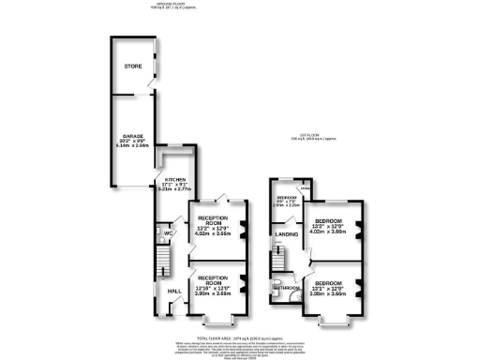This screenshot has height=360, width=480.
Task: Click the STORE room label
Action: click(x=132, y=67)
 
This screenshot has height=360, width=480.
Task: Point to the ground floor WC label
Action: click(x=170, y=233)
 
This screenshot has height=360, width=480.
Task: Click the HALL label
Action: click(x=173, y=291)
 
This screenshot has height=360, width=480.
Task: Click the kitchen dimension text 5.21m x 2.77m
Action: click(x=176, y=190)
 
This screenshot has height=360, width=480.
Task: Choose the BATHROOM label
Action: click(x=286, y=288)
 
